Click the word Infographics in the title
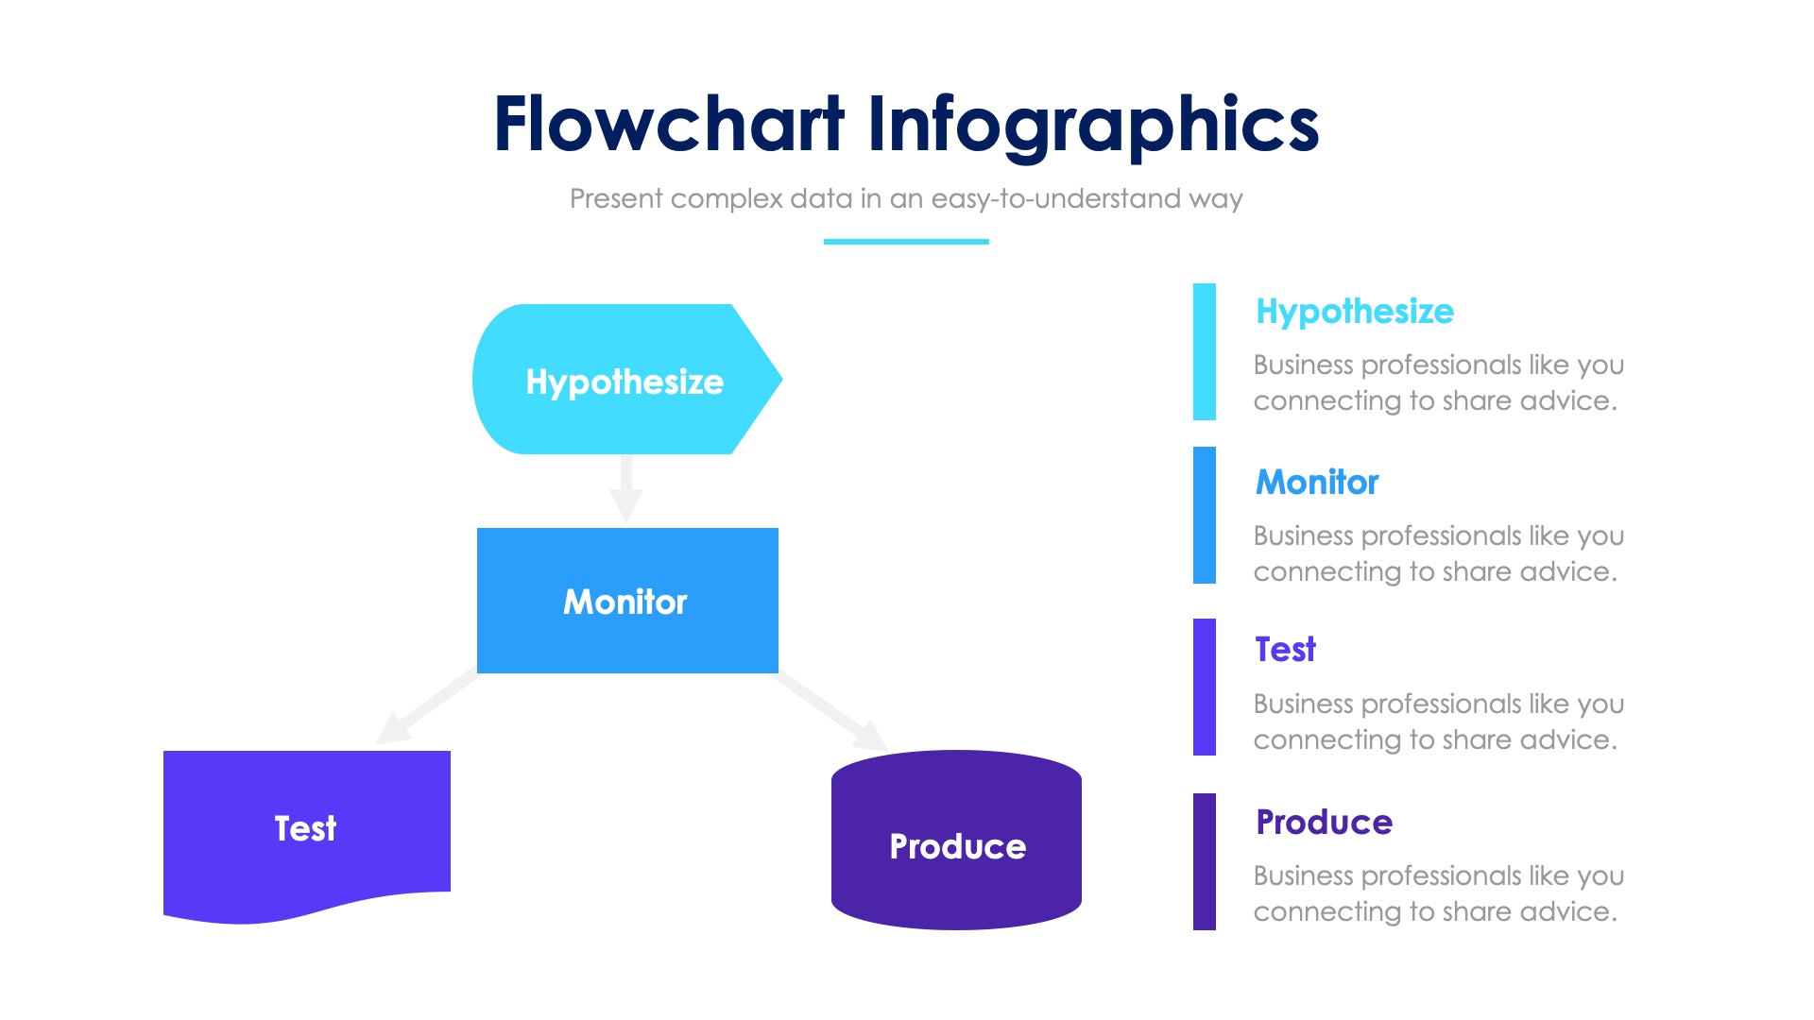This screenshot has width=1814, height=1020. click(x=1092, y=126)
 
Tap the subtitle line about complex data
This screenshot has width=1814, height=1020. click(x=905, y=198)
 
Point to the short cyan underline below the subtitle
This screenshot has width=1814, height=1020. click(x=905, y=242)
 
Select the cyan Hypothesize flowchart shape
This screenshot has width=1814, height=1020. click(x=625, y=380)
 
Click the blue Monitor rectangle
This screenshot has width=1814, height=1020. click(x=626, y=601)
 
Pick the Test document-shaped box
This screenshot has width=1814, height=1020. click(x=306, y=828)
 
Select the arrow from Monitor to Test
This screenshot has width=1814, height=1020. click(x=427, y=707)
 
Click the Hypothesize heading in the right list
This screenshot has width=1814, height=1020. click(x=1354, y=311)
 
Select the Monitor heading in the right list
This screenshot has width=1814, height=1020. click(x=1316, y=482)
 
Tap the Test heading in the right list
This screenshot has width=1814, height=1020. click(x=1284, y=650)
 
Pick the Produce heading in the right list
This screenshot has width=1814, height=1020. click(x=1324, y=822)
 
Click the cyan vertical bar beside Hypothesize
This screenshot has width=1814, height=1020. click(x=1204, y=351)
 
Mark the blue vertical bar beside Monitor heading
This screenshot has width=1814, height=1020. click(x=1204, y=515)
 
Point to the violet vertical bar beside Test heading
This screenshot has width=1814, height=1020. click(x=1204, y=687)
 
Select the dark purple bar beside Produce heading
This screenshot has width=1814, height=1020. click(x=1204, y=861)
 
